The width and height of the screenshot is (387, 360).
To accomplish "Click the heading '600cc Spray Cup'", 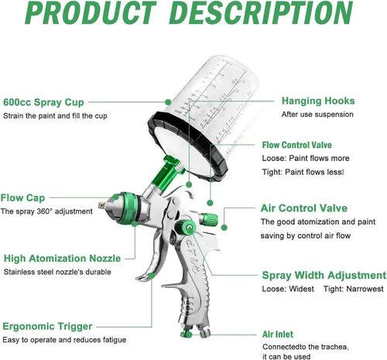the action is pyautogui.click(x=43, y=102).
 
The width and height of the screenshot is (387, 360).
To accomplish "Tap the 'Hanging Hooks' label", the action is pyautogui.click(x=318, y=101).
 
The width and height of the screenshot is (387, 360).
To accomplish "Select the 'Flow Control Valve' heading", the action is pyautogui.click(x=297, y=145).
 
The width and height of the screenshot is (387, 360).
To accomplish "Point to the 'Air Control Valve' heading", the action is pyautogui.click(x=304, y=208).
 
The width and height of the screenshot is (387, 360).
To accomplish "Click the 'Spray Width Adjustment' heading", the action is pyautogui.click(x=324, y=276).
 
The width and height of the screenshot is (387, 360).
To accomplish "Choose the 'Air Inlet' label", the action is pyautogui.click(x=278, y=334).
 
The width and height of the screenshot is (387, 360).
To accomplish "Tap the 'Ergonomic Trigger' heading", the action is pyautogui.click(x=47, y=327).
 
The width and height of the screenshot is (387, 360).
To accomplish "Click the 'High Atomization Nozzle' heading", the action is pyautogui.click(x=62, y=259).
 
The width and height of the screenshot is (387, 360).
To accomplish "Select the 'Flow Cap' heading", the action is pyautogui.click(x=22, y=198).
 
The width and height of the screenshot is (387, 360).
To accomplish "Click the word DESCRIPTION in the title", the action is pyautogui.click(x=261, y=13).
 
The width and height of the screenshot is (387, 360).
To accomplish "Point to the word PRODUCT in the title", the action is pyautogui.click(x=91, y=13).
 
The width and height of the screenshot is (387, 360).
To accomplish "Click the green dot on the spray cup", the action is pyautogui.click(x=168, y=102).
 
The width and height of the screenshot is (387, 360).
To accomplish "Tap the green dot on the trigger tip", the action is pyautogui.click(x=152, y=276).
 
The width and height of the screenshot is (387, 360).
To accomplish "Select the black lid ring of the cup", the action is pyautogui.click(x=187, y=145).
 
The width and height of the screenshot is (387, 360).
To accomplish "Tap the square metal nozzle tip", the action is pyautogui.click(x=101, y=205).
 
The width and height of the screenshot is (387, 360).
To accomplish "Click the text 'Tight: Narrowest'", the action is pyautogui.click(x=354, y=289).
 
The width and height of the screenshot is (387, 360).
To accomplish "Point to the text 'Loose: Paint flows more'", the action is pyautogui.click(x=306, y=158).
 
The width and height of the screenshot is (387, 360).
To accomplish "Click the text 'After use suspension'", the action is pyautogui.click(x=317, y=115).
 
